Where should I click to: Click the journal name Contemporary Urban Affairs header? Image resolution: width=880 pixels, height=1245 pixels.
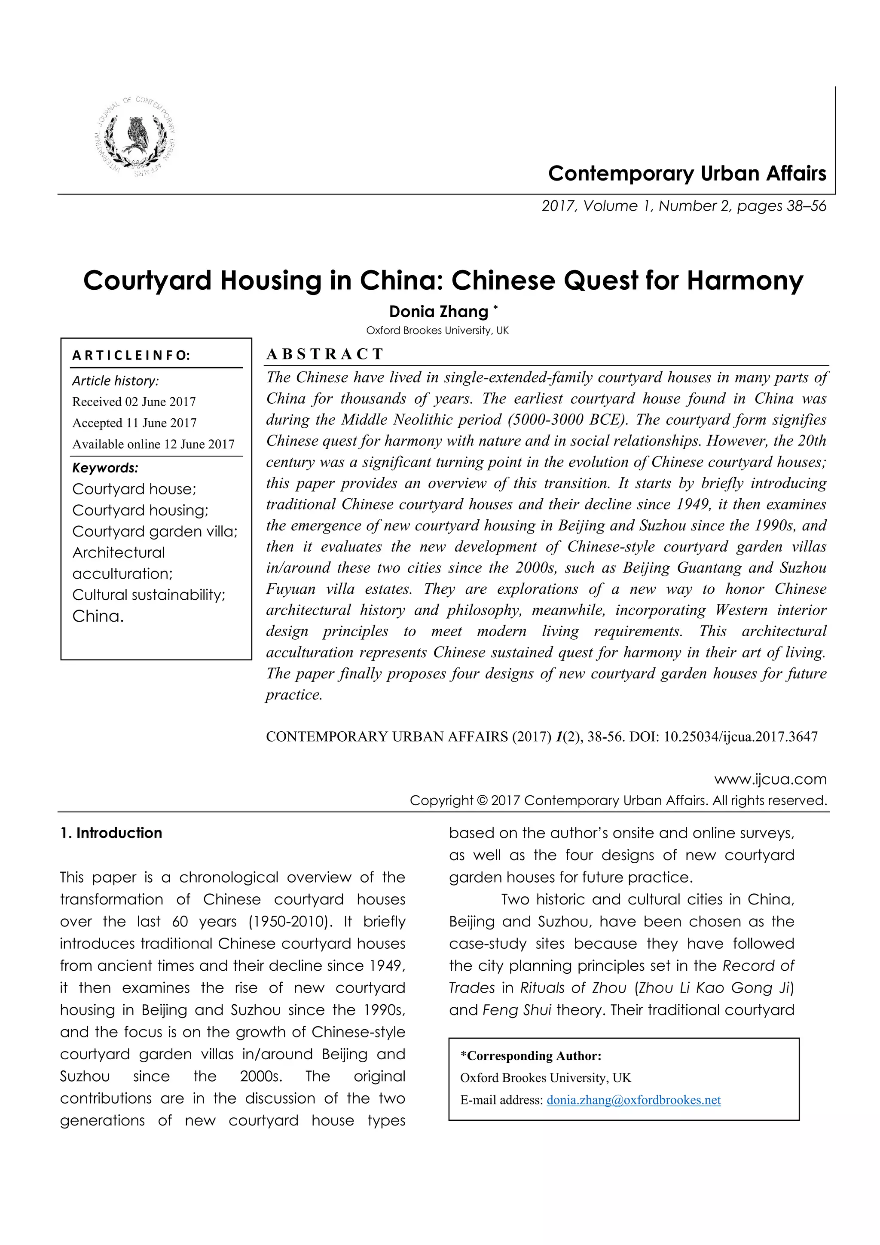point(687,174)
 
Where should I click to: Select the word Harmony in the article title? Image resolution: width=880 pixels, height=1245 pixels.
point(745,280)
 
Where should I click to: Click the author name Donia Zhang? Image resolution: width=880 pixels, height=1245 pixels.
point(438,311)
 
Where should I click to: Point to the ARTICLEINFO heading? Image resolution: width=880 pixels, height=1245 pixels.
point(131,356)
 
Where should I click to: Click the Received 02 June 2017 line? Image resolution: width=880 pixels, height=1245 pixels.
point(134,402)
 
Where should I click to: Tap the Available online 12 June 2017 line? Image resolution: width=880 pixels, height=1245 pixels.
point(153,445)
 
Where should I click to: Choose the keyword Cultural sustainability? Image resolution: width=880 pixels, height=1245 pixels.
point(149,595)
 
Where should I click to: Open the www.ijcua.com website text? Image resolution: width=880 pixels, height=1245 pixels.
point(770,780)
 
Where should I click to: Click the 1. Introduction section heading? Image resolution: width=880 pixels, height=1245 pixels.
point(111,833)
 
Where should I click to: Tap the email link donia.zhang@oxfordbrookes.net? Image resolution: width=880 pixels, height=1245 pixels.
point(633,1100)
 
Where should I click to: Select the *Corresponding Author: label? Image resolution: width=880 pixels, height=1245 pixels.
point(531,1056)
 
